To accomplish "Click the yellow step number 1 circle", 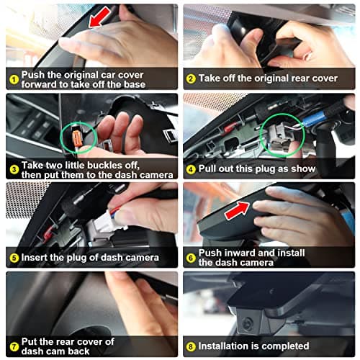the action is (x=14, y=79).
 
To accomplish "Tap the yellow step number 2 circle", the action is (x=191, y=78).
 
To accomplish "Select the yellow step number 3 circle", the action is (x=14, y=170).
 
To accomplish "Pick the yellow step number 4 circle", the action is (x=191, y=169).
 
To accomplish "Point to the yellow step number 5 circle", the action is (x=14, y=258).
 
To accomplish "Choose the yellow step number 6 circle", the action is (x=191, y=258).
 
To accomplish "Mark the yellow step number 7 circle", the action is (x=14, y=347).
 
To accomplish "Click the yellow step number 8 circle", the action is (x=191, y=347).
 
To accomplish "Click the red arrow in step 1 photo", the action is (x=99, y=17).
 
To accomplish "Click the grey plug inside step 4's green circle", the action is (x=279, y=137).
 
